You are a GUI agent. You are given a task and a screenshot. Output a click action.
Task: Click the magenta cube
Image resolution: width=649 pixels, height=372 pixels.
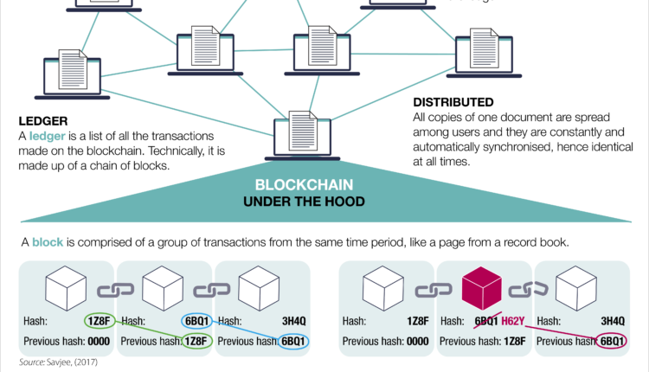[483, 289]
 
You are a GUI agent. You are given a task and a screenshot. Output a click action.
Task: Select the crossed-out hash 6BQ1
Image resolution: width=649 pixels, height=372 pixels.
[485, 322]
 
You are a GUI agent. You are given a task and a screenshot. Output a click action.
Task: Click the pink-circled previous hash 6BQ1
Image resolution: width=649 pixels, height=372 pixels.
[613, 341]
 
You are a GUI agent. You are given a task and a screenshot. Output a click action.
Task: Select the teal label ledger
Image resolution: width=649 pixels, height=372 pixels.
[48, 136]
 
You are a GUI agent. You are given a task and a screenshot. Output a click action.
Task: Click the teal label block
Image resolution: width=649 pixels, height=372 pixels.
[48, 242]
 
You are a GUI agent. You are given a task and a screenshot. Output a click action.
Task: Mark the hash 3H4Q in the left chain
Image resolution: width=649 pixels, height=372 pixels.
[295, 322]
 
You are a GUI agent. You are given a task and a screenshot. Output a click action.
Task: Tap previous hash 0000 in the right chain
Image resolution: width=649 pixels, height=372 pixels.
[412, 341]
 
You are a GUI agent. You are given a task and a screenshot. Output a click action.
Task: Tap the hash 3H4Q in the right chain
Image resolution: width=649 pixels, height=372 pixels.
[613, 322]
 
